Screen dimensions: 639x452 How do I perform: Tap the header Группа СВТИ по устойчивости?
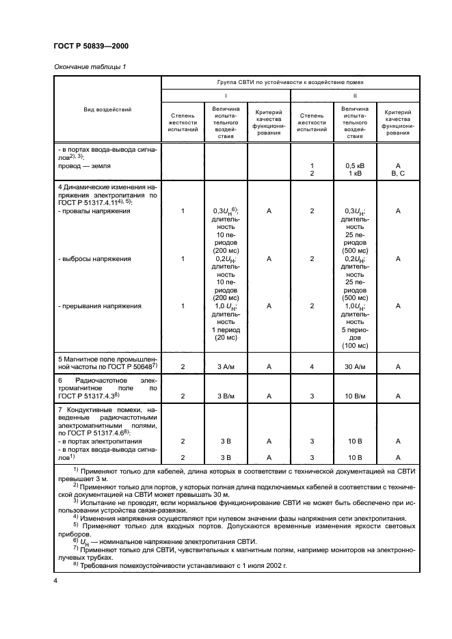(x=290, y=81)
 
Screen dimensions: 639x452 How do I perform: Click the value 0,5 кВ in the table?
(x=354, y=165)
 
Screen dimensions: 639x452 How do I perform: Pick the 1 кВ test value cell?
(x=354, y=174)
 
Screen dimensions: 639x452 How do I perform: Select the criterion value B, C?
(x=397, y=174)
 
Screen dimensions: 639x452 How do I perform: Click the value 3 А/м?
(x=225, y=367)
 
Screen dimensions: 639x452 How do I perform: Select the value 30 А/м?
(x=354, y=367)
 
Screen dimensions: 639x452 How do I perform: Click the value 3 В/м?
(x=225, y=396)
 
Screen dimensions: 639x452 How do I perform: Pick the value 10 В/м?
(x=354, y=396)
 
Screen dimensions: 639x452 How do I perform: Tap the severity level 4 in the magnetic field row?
(x=312, y=367)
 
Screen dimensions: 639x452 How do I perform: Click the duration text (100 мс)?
(x=354, y=346)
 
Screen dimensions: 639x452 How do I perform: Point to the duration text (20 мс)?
(x=225, y=338)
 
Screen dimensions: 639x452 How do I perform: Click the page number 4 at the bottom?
(x=55, y=580)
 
